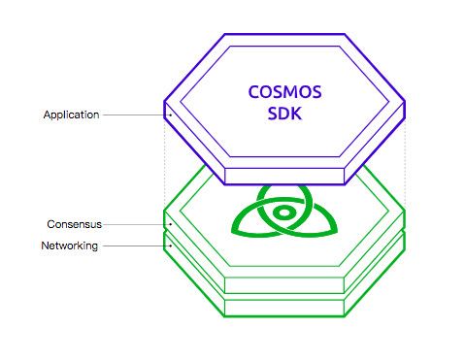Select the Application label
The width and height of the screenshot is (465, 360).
[72, 115]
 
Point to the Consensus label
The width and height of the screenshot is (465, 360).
[75, 224]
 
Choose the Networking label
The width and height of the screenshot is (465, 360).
[69, 246]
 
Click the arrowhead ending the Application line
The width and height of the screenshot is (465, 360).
[170, 115]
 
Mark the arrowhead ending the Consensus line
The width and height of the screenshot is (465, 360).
[170, 224]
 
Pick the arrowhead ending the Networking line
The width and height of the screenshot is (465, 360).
[170, 246]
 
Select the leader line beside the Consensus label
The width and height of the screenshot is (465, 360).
[136, 224]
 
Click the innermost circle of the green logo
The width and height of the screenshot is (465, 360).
[282, 211]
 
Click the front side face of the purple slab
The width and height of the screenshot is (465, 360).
[285, 175]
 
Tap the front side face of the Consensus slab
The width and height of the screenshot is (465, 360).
[285, 284]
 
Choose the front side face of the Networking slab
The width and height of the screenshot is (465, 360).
[285, 308]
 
